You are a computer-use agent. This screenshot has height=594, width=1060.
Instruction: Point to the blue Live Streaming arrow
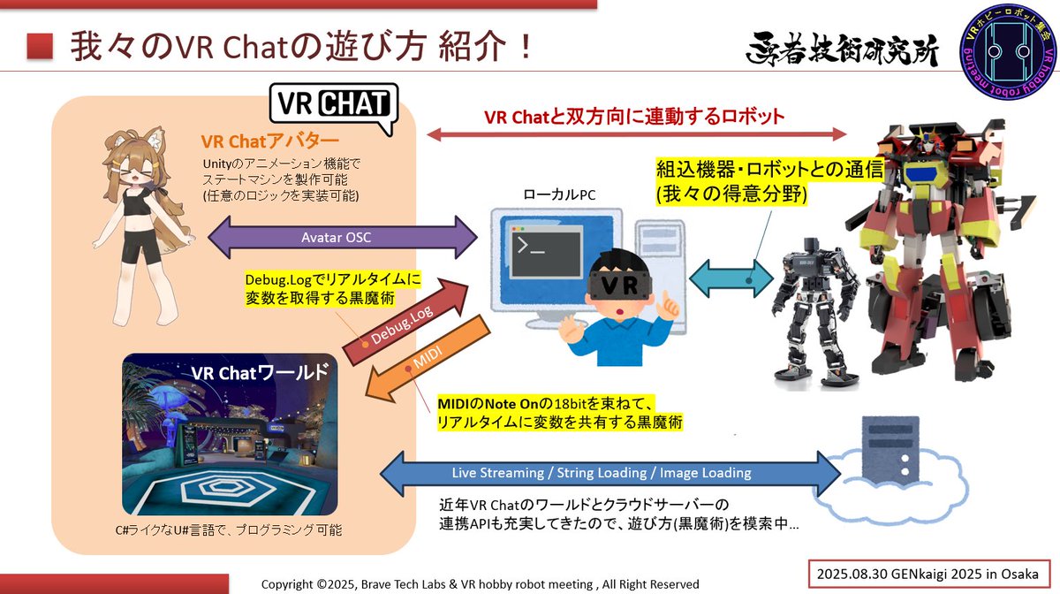coord(601,473)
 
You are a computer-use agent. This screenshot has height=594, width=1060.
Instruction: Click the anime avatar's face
coord(134,163)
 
